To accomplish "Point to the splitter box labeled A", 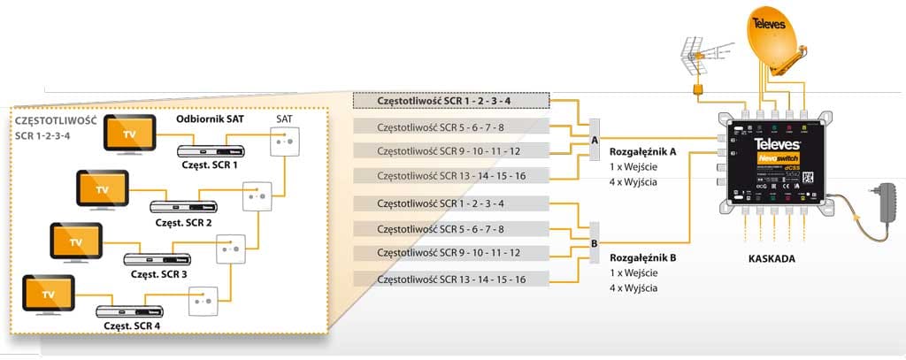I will pos(593,139).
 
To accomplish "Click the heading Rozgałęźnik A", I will pos(642,151).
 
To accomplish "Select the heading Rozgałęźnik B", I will pos(642,257).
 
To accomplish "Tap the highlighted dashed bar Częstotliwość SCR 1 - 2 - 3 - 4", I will pos(451,101).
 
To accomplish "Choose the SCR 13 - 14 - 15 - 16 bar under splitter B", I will pos(451,280).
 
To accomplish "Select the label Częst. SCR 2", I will pos(182,223).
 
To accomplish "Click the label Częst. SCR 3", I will pos(158,274).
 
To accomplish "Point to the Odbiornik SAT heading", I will pos(209,119).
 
